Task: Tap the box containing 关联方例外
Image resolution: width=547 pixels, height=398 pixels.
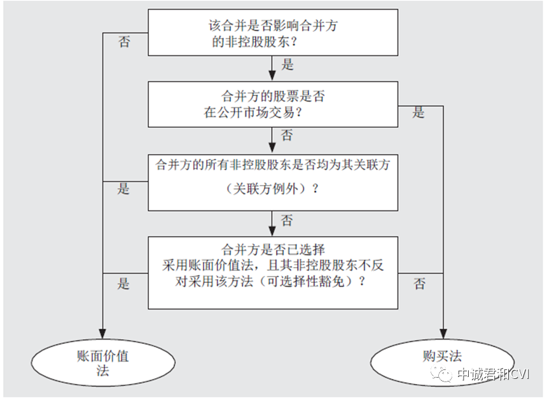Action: pyautogui.click(x=273, y=182)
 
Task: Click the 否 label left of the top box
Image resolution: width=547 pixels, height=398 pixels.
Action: pyautogui.click(x=125, y=43)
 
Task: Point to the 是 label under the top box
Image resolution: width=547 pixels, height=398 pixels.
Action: pyautogui.click(x=287, y=64)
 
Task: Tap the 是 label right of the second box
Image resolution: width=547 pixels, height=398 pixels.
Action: pyautogui.click(x=419, y=114)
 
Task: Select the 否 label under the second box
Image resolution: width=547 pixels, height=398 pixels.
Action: pyautogui.click(x=287, y=135)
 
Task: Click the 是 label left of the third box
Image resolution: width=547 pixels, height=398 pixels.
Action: pyautogui.click(x=123, y=189)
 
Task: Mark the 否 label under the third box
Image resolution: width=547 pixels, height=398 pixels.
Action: pyautogui.click(x=287, y=221)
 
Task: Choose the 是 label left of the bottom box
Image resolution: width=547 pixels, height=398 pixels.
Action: pyautogui.click(x=123, y=284)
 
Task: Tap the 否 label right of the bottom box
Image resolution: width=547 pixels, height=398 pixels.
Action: pyautogui.click(x=420, y=284)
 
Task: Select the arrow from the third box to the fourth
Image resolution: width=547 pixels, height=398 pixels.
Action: pyautogui.click(x=273, y=224)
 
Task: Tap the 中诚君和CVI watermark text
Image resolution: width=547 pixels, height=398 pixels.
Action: pyautogui.click(x=493, y=375)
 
